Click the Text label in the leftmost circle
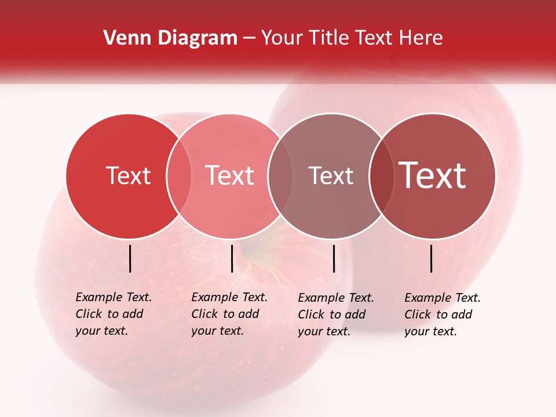(x=128, y=176)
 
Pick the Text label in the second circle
(x=229, y=176)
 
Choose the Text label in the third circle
(x=331, y=176)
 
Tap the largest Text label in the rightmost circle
(x=433, y=176)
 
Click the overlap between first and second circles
(x=179, y=176)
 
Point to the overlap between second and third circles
(x=280, y=176)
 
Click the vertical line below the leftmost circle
(x=130, y=258)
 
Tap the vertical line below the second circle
(x=232, y=258)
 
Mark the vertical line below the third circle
(x=334, y=258)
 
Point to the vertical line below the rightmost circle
(x=431, y=258)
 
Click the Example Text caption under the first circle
(x=114, y=314)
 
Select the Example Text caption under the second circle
(x=229, y=314)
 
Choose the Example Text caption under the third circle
(x=336, y=314)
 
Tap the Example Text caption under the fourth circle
(x=442, y=314)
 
